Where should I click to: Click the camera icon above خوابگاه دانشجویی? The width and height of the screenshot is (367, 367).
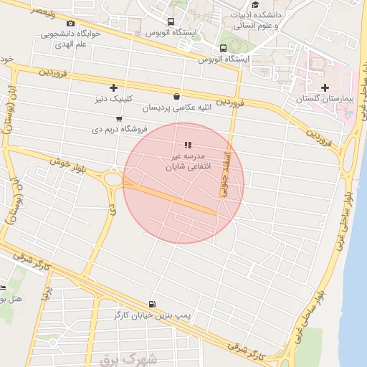[x=70, y=24]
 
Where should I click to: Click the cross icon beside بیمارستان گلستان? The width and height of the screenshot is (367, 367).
[x=325, y=87]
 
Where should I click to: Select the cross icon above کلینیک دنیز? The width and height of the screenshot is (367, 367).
[x=113, y=87]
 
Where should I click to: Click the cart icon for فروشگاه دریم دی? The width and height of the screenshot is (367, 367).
[x=118, y=119]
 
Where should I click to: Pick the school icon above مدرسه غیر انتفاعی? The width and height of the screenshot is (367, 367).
[x=188, y=146]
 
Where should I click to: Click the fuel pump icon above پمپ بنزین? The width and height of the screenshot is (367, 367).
[x=151, y=305]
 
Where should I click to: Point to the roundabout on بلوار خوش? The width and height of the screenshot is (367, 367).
[x=113, y=179]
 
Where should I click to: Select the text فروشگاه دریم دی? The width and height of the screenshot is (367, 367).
[x=119, y=130]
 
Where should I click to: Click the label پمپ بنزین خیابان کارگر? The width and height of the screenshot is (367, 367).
[x=151, y=315]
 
